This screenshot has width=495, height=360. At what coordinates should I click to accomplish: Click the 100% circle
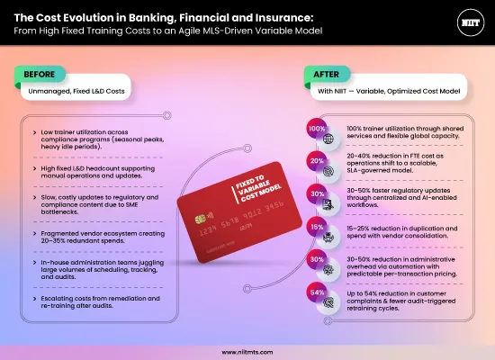[x=317, y=128]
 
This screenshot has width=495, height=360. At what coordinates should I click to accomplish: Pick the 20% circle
[x=317, y=159]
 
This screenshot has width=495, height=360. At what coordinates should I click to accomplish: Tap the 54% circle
[x=317, y=293]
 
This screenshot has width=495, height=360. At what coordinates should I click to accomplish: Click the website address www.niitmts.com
[x=247, y=353]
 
